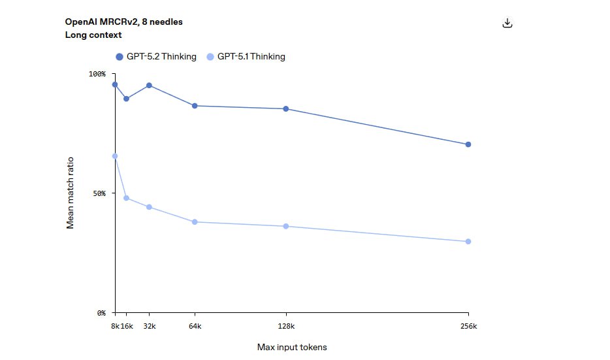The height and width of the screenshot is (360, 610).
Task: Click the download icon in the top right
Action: (x=507, y=24)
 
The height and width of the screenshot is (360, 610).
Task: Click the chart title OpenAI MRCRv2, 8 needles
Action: (x=123, y=22)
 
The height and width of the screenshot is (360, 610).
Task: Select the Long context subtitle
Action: (x=93, y=35)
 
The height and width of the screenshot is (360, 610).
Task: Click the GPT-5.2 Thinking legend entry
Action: (x=156, y=57)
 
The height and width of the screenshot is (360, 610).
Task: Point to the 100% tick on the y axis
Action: (x=97, y=74)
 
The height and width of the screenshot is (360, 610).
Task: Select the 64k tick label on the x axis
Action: (x=195, y=325)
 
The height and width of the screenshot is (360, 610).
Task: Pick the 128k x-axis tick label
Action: (x=286, y=325)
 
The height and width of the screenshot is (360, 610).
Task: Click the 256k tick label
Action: (x=468, y=325)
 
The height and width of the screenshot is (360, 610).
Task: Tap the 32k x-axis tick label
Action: (x=149, y=325)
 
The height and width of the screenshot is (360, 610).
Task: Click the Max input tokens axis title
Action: (x=292, y=348)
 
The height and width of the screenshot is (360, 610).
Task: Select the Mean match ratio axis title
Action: (x=71, y=193)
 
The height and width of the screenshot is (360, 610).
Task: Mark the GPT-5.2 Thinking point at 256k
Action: (x=468, y=144)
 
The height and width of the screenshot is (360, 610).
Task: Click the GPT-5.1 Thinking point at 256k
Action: (x=468, y=242)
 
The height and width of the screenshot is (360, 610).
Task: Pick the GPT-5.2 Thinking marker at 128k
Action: (x=286, y=108)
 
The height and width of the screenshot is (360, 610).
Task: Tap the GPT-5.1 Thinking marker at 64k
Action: (x=195, y=222)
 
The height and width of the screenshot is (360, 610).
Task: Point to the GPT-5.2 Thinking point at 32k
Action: (x=149, y=86)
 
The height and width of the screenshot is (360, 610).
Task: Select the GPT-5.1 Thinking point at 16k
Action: (x=126, y=198)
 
